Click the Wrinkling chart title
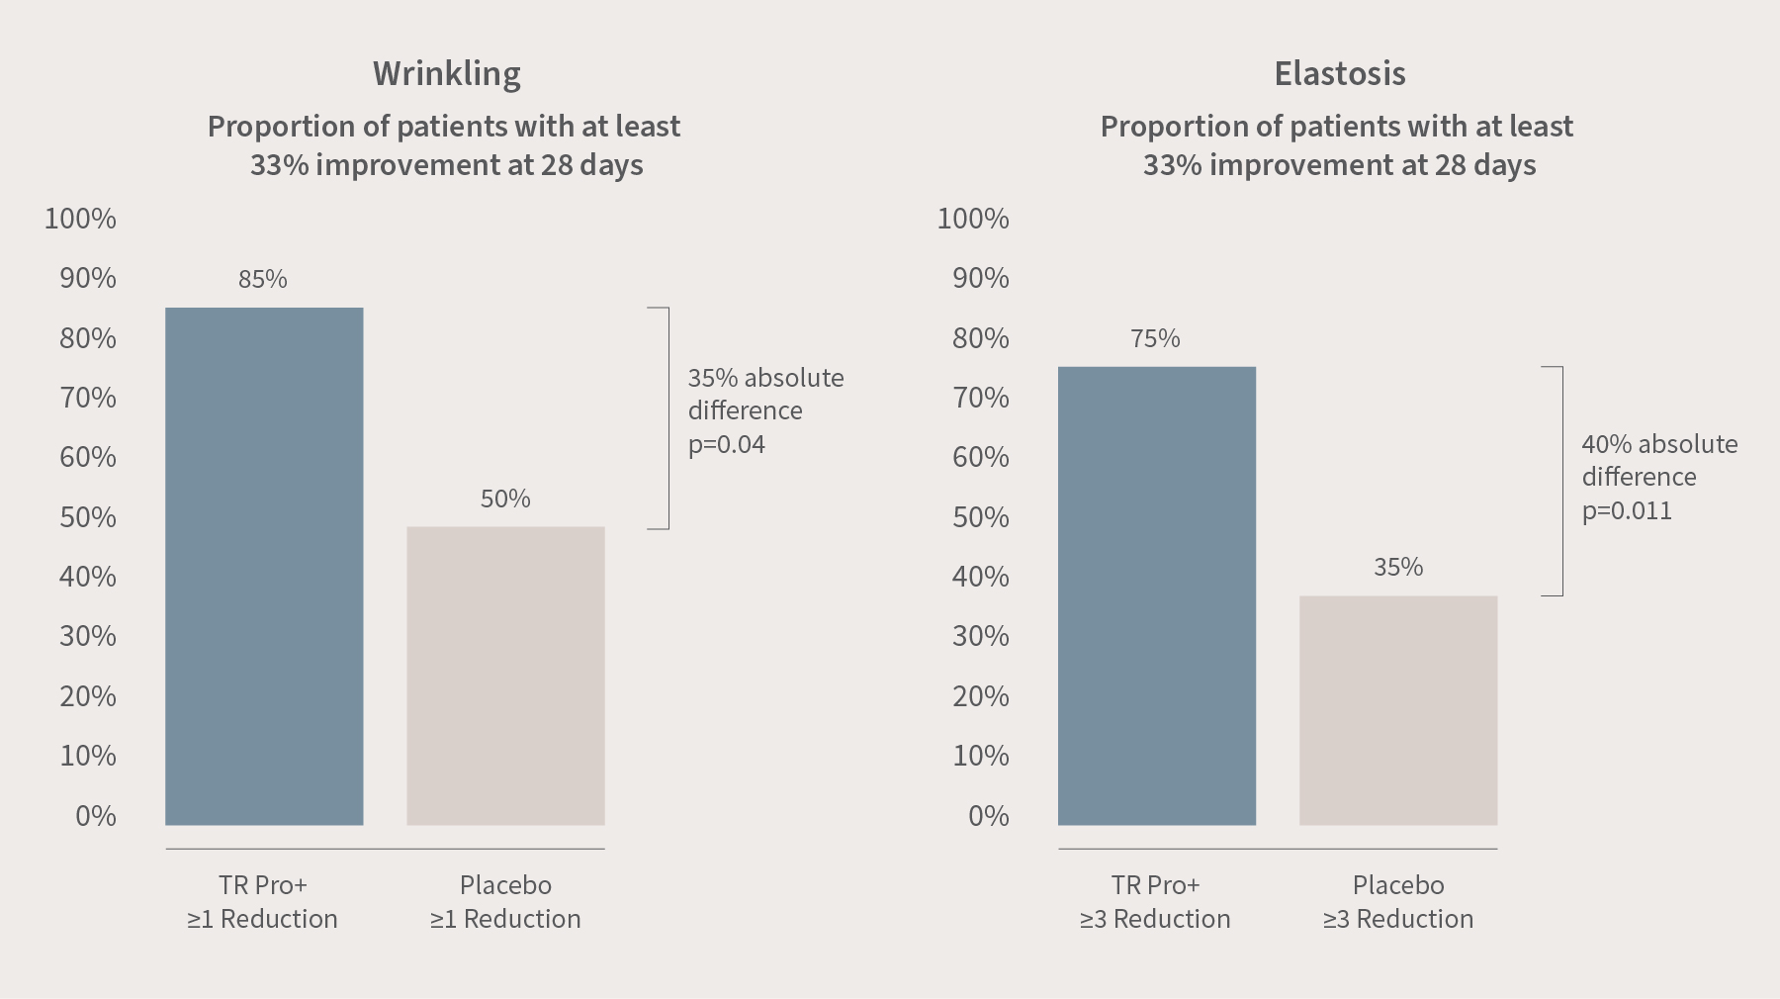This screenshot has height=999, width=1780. click(x=446, y=73)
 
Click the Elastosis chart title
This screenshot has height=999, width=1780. click(x=1339, y=73)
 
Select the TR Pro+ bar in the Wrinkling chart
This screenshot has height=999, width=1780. click(x=264, y=566)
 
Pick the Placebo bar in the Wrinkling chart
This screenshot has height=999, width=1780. click(x=505, y=676)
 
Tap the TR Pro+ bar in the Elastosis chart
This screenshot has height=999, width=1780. click(x=1157, y=595)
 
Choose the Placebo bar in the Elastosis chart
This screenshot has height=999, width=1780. click(x=1398, y=710)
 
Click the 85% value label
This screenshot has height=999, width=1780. click(x=263, y=280)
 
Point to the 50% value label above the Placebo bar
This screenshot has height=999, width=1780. click(x=505, y=499)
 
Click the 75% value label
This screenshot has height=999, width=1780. click(x=1155, y=339)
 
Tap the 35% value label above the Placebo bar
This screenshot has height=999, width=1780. click(x=1398, y=567)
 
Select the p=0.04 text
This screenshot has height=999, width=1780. click(x=727, y=444)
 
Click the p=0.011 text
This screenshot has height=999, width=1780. click(x=1627, y=510)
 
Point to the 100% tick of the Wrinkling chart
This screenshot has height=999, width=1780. click(x=80, y=219)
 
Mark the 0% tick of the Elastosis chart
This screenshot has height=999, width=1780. click(x=989, y=816)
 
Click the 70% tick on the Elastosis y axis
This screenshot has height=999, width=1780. click(x=981, y=398)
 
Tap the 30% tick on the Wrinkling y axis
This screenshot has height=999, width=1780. click(x=88, y=636)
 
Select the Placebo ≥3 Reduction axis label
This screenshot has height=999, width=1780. click(x=1398, y=901)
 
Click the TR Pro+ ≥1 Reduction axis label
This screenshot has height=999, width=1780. click(x=263, y=901)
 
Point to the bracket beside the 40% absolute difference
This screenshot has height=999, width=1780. click(x=1560, y=481)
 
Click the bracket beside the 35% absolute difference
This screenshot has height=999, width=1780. click(x=667, y=417)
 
